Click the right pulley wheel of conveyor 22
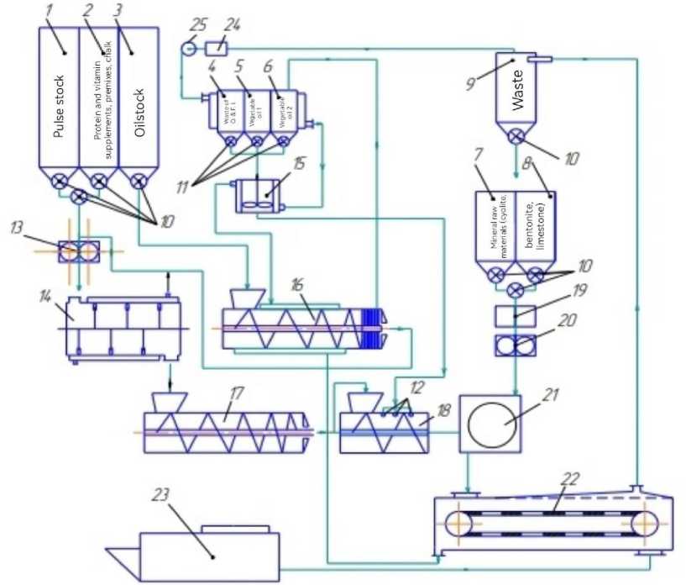coord(641,523)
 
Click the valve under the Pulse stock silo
coord(60,181)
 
